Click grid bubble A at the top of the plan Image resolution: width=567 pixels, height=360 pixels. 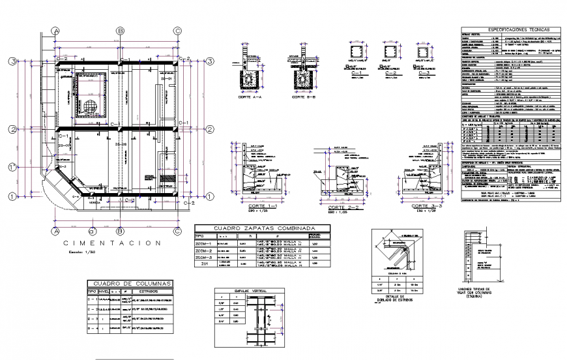[57, 30]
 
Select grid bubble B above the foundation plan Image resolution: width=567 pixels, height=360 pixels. [121, 30]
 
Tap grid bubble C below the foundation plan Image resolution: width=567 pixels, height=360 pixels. [177, 231]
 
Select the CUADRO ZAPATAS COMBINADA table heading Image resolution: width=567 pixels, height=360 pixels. [263, 228]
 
